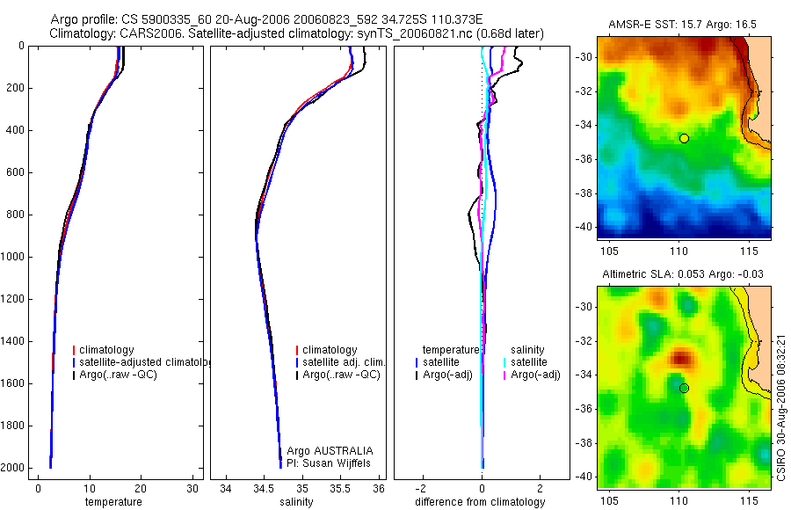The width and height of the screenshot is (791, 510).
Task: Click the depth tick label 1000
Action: (x=13, y=257)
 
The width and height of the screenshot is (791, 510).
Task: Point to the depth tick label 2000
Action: (x=13, y=468)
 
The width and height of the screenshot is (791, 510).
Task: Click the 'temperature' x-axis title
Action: (x=113, y=502)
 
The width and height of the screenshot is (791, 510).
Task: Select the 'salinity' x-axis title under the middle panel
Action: (x=294, y=502)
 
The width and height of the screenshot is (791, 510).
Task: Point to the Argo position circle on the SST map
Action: (x=684, y=138)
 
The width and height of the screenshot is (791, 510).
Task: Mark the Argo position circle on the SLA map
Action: (x=684, y=388)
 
